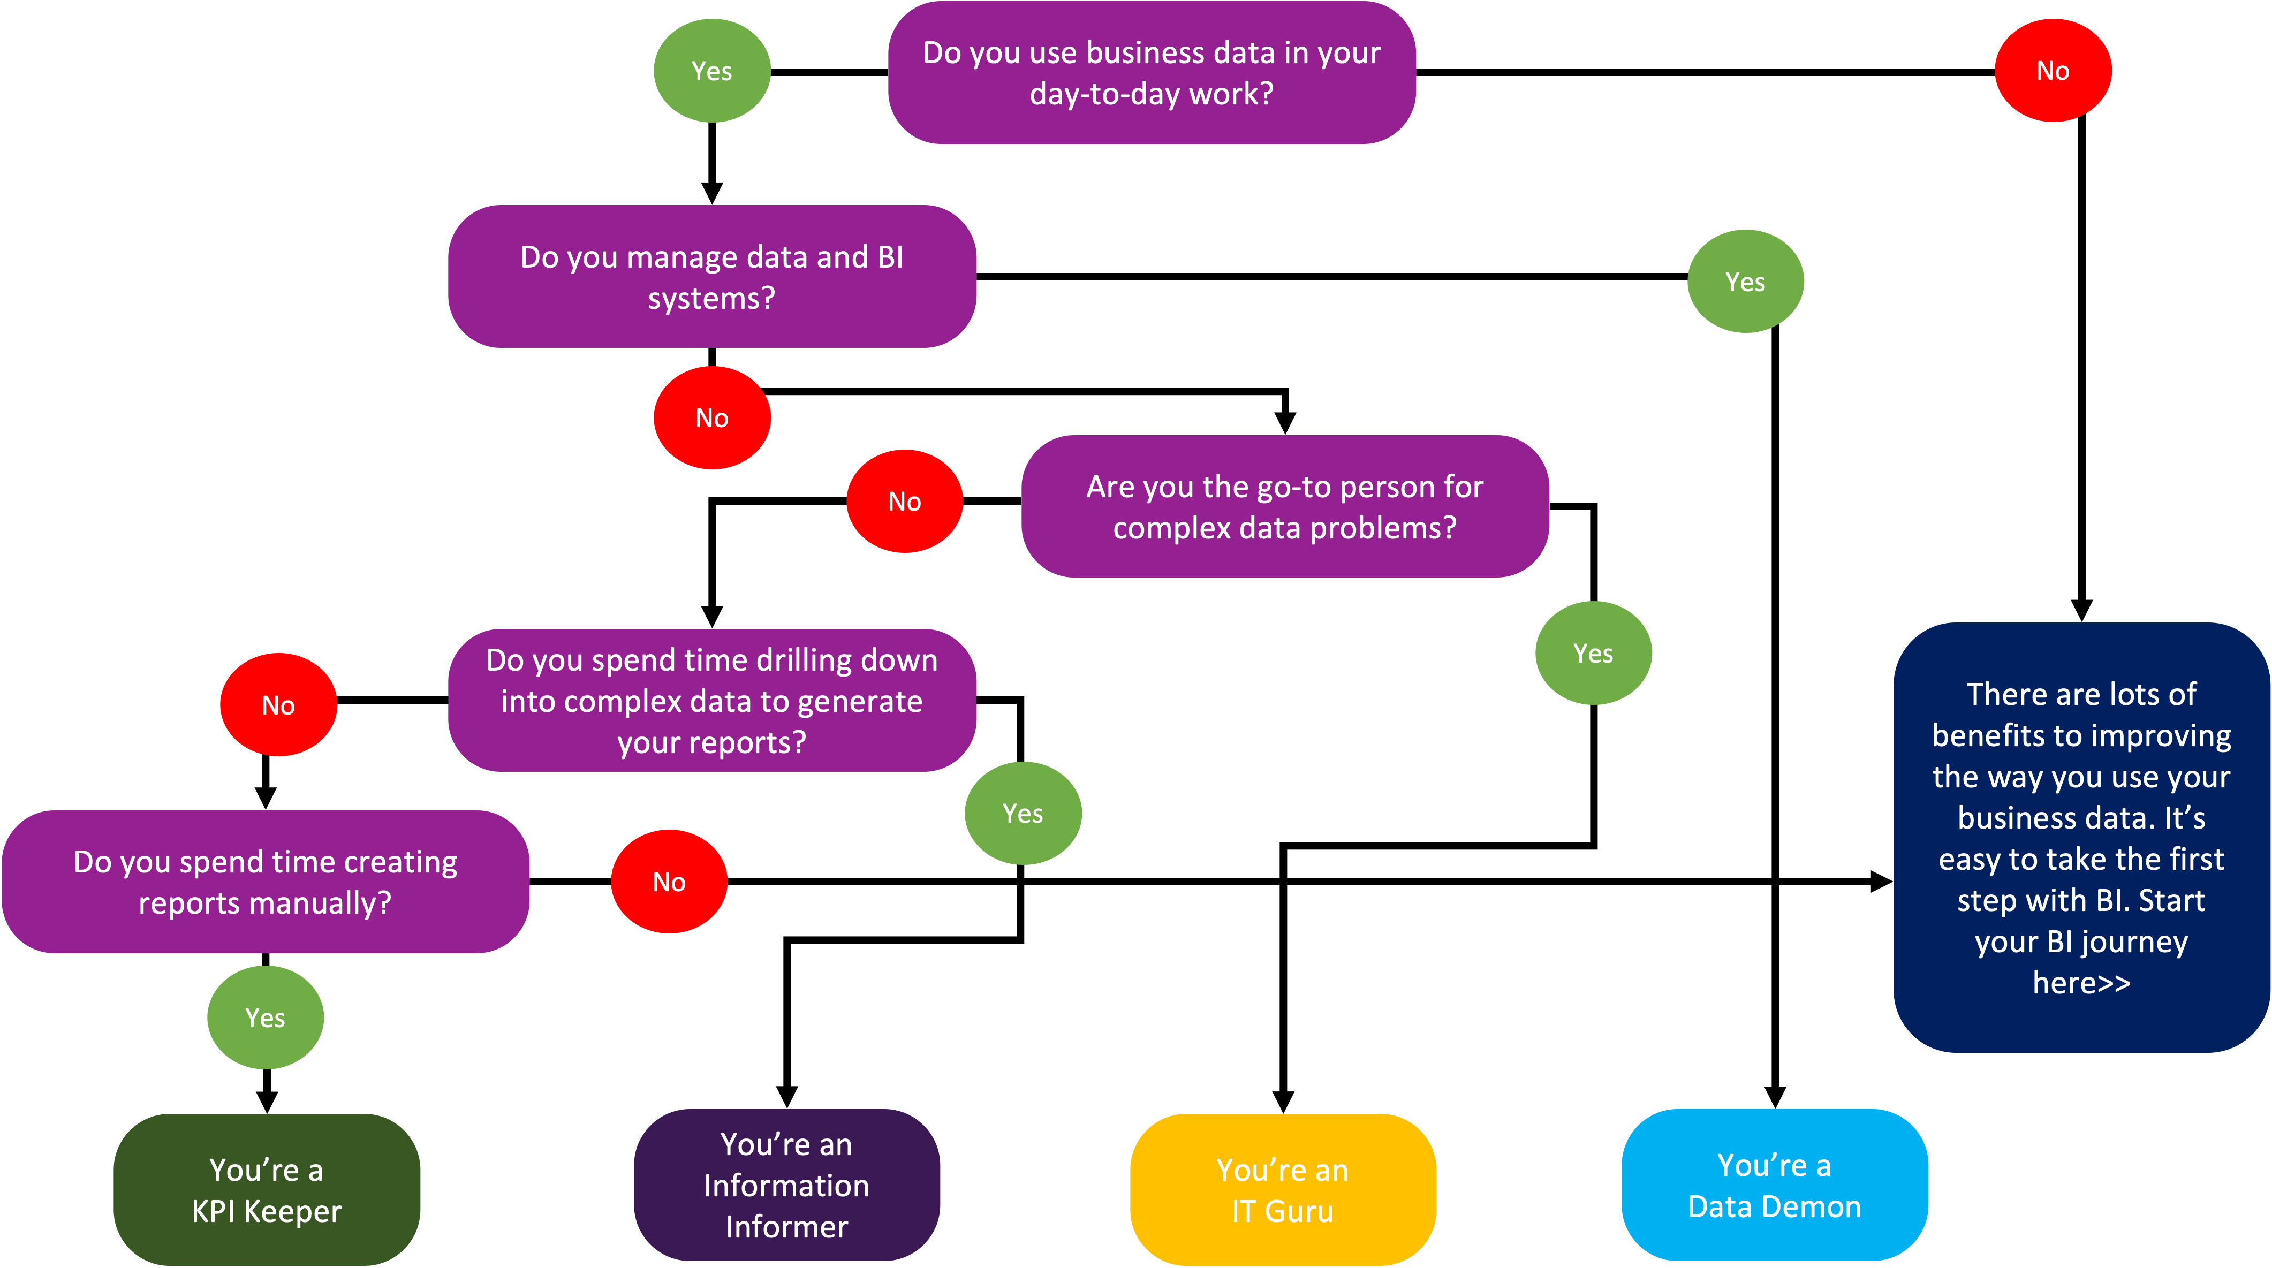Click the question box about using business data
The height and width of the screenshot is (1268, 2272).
[x=1151, y=72]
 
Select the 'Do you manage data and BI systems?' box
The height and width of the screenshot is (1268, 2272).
[x=712, y=277]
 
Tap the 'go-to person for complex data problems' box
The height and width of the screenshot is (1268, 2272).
[x=1284, y=506]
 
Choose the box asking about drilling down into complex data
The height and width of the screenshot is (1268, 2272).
[x=712, y=700]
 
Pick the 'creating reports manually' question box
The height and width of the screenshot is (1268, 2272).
[x=266, y=882]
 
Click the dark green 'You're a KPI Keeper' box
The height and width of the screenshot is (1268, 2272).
[x=267, y=1189]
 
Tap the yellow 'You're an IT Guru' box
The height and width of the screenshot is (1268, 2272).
[x=1282, y=1189]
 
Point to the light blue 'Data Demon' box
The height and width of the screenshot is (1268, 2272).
[x=1775, y=1185]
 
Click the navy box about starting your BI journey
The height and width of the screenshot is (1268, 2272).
[x=2081, y=838]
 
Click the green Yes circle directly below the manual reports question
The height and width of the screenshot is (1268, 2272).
[x=266, y=1018]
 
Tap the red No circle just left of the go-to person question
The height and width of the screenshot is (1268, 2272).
[x=905, y=502]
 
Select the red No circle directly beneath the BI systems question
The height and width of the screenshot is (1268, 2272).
[x=712, y=418]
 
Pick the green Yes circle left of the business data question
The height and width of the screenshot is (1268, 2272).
[x=712, y=71]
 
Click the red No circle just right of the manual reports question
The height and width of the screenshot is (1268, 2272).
[x=669, y=882]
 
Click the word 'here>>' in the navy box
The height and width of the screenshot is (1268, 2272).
[x=2081, y=982]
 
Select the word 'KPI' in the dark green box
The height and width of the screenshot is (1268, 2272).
[x=214, y=1212]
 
